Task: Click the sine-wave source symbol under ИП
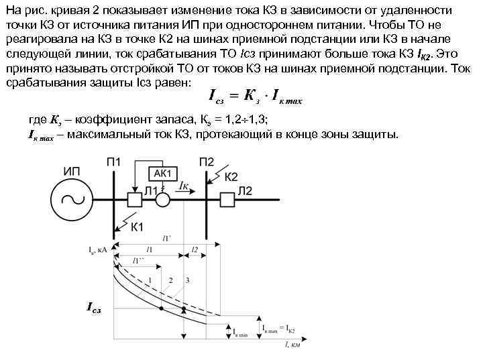click(x=74, y=198)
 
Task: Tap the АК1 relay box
click(x=161, y=173)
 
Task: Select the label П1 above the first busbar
click(x=114, y=161)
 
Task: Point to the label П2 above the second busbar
click(x=207, y=161)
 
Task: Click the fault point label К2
click(x=231, y=177)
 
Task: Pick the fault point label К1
click(x=136, y=227)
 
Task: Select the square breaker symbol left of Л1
click(x=135, y=198)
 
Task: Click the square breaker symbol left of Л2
click(x=227, y=198)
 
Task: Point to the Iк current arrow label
click(x=183, y=184)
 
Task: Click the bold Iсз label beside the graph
click(x=93, y=307)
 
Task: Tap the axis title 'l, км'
click(x=292, y=347)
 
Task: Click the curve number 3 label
click(x=189, y=280)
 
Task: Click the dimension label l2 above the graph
click(x=195, y=249)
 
